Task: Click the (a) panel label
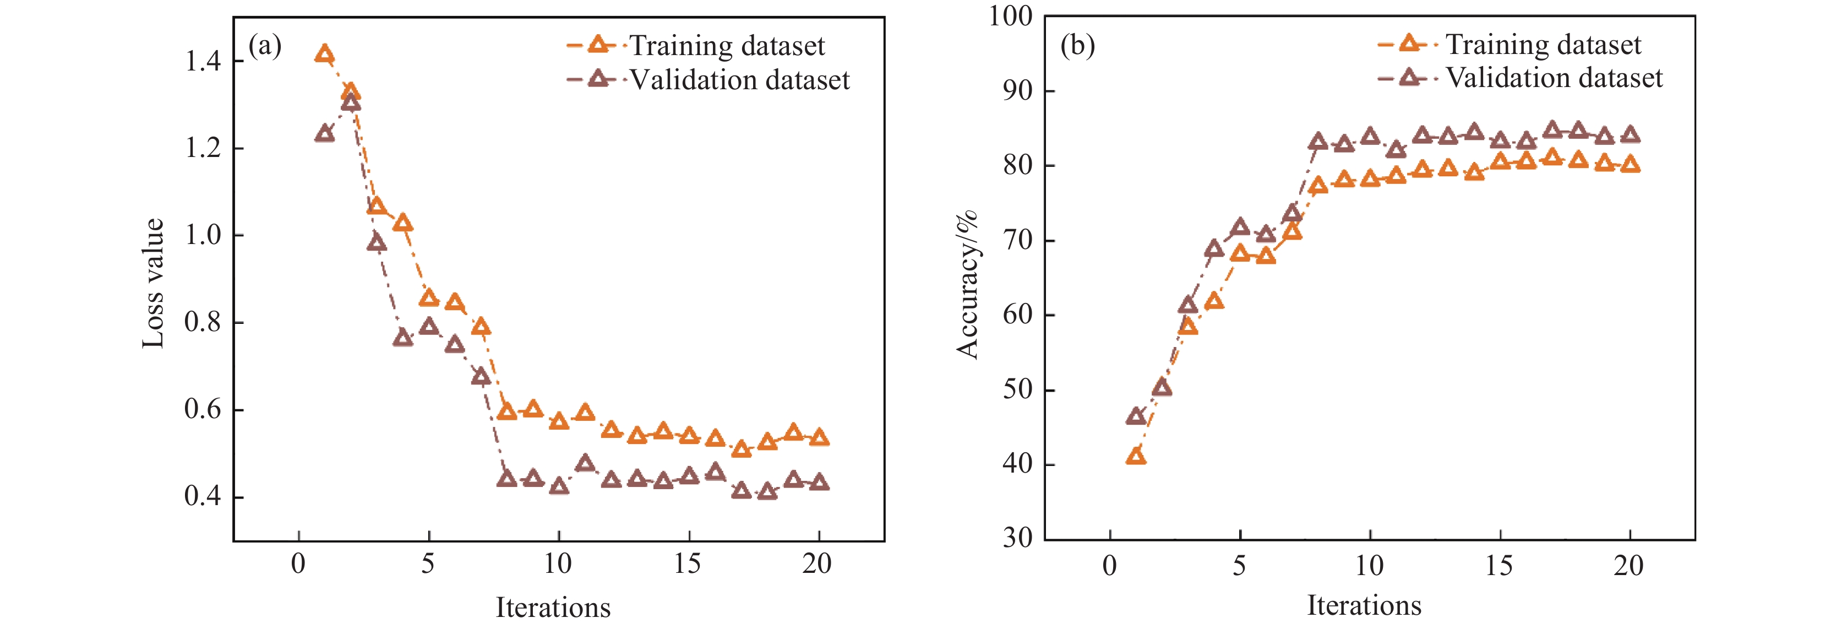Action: coord(265,46)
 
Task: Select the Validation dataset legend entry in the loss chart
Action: coord(708,79)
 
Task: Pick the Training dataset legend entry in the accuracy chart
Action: coord(1509,45)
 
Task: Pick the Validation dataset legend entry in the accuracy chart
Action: coord(1520,77)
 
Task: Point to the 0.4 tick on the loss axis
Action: coord(203,496)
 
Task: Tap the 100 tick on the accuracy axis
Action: coord(1010,16)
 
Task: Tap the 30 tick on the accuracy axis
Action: coord(1017,538)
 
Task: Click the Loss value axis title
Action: coord(153,283)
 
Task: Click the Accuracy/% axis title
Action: coord(967,284)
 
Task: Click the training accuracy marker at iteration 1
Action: coord(1136,456)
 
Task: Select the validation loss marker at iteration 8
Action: coord(506,478)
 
